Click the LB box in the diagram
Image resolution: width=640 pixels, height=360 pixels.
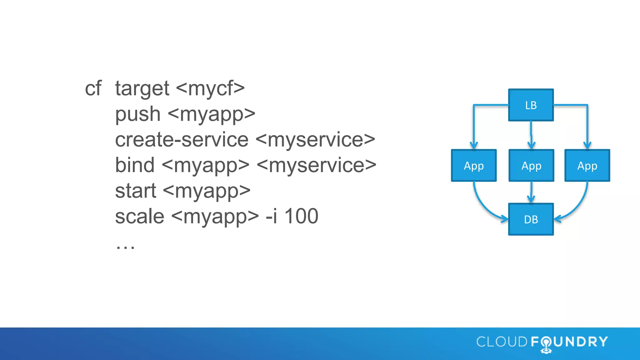tap(531, 105)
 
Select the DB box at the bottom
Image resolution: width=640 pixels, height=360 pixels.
tap(531, 219)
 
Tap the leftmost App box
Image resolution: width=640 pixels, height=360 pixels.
tap(474, 166)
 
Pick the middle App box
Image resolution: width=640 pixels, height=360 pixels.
tap(531, 166)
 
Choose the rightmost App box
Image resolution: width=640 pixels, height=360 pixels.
tap(587, 166)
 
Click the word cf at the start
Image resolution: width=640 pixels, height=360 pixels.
tap(93, 88)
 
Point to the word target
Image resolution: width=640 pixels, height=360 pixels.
tap(142, 88)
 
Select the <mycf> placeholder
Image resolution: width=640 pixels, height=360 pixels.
tap(210, 88)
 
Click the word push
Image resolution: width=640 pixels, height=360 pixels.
tap(138, 114)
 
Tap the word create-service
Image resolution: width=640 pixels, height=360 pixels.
tap(182, 140)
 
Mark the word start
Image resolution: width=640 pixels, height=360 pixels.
tap(135, 191)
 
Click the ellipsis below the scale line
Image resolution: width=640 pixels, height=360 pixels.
tap(125, 247)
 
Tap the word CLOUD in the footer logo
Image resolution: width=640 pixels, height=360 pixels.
tap(502, 342)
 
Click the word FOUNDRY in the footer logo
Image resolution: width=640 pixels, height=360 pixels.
tap(569, 342)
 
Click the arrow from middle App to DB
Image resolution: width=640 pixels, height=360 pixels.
tap(531, 192)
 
